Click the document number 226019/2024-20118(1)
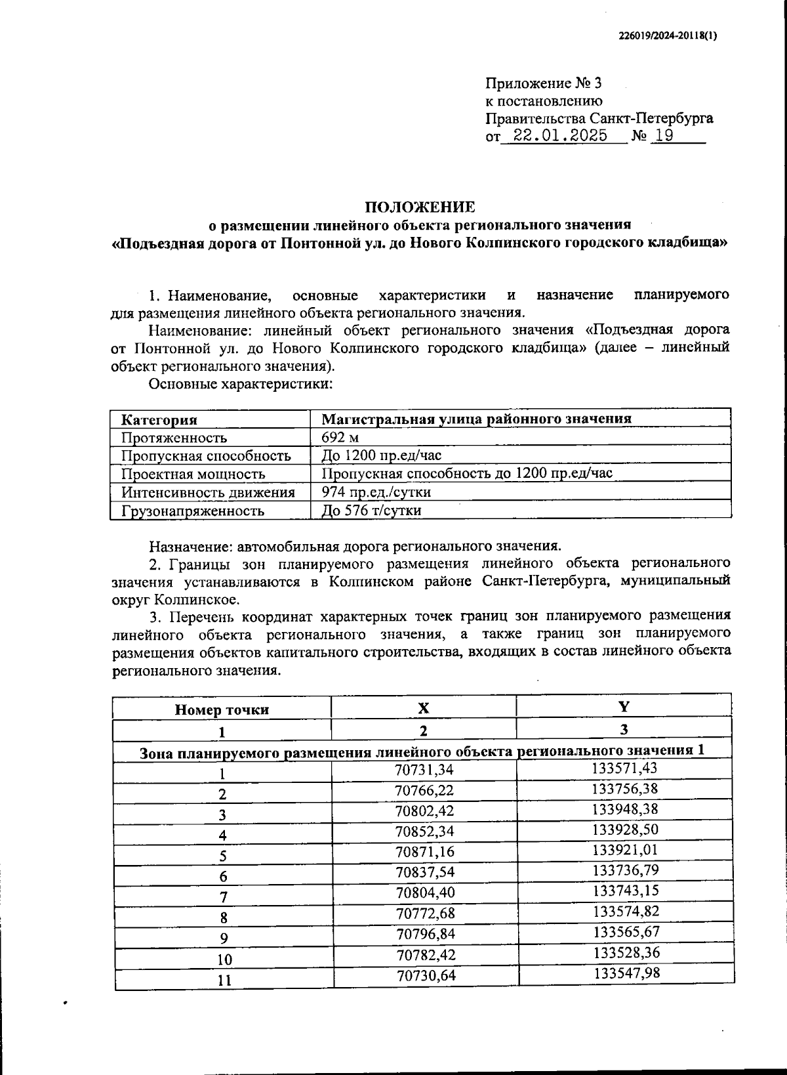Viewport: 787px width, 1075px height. pos(668,37)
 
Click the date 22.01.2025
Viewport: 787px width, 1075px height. pos(560,136)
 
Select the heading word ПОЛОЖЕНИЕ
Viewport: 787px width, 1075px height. pos(420,207)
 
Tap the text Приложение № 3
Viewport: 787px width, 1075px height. pos(543,83)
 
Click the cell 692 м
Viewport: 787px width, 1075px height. pos(340,437)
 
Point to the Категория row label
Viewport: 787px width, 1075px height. pos(159,419)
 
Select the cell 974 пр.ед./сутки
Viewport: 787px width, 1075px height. pos(376,492)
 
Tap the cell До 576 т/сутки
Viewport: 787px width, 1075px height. pos(371,510)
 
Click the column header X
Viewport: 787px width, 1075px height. pos(424,708)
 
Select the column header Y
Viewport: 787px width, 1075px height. pos(624,707)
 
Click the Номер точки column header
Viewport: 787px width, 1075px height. pos(222,709)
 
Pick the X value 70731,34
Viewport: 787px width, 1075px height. pos(424,769)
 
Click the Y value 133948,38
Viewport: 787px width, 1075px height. pos(624,809)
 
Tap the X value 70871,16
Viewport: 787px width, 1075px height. pos(424,852)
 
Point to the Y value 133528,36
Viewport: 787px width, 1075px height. pos(626,952)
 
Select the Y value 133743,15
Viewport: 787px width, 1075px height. pos(626,891)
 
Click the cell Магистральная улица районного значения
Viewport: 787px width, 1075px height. pos(476,419)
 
